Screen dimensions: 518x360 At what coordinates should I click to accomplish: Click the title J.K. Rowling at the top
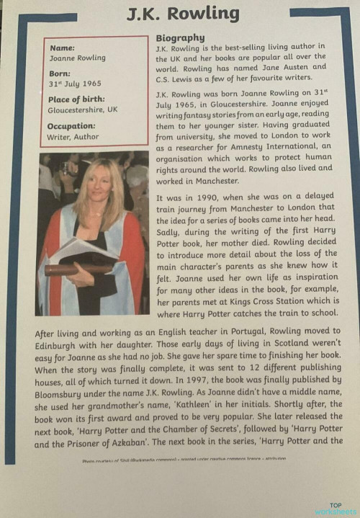tap(181, 14)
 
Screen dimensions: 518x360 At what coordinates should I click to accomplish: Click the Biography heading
tap(180, 38)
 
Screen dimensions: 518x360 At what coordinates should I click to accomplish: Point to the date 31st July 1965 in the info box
tap(77, 84)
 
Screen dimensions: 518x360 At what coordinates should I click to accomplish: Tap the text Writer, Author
tap(74, 136)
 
